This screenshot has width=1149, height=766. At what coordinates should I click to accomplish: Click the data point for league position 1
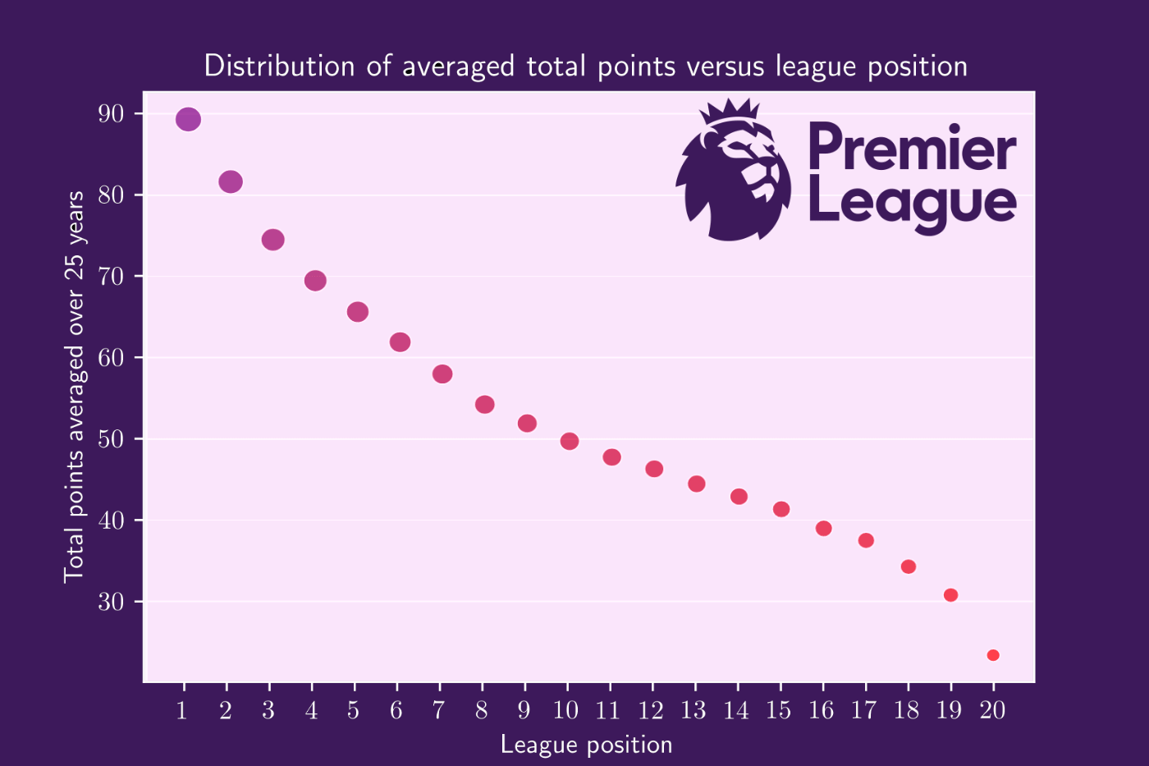tap(188, 119)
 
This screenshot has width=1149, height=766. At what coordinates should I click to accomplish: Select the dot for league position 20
tap(993, 655)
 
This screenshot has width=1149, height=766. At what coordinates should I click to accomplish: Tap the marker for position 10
tap(570, 441)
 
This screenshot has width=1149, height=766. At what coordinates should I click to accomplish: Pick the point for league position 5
tap(358, 312)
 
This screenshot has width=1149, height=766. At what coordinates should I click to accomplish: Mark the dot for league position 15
tap(781, 509)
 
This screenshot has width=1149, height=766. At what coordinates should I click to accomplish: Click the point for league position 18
tap(909, 566)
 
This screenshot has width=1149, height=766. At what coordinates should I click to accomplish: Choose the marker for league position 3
tap(273, 240)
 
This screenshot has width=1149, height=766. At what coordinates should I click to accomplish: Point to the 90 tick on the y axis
tap(111, 114)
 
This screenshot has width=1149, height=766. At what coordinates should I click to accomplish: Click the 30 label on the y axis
tap(111, 602)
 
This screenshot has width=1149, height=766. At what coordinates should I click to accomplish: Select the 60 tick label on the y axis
tap(111, 358)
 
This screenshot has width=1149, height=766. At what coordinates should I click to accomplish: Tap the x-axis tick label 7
tap(439, 710)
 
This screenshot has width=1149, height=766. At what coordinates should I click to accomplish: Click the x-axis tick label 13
tap(694, 710)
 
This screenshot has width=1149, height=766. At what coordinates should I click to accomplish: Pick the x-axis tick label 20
tap(992, 710)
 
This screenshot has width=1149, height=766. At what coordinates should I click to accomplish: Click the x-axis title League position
tap(586, 745)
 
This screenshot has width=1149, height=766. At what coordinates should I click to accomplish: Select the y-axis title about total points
tap(75, 386)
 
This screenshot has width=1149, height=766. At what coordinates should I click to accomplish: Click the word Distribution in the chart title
tap(280, 66)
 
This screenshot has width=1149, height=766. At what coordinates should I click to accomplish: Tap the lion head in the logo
tap(735, 177)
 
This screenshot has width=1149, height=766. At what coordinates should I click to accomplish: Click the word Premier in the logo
tap(912, 148)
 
